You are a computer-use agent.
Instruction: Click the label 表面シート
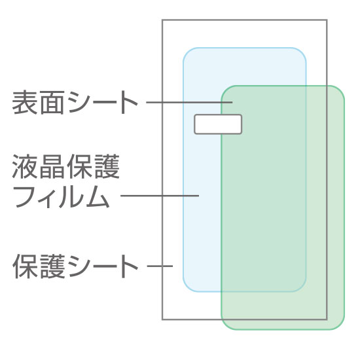(75, 103)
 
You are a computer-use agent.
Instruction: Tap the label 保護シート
(75, 266)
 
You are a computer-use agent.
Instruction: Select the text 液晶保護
(65, 167)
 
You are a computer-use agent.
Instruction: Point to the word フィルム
(62, 197)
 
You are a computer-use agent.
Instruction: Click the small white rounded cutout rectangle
(218, 124)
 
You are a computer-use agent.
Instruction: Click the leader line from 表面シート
(189, 102)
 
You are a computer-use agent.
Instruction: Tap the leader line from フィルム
(160, 196)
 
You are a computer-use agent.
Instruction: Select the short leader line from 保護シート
(160, 266)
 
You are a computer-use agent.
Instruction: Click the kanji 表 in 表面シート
(25, 103)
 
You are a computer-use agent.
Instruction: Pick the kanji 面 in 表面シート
(51, 103)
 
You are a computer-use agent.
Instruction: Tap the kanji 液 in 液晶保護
(25, 167)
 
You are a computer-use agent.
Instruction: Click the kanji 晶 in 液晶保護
(52, 167)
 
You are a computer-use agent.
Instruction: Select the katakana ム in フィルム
(98, 197)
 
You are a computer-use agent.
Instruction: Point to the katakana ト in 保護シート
(128, 266)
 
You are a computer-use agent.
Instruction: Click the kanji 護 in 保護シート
(52, 266)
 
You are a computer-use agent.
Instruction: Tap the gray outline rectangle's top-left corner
(162, 20)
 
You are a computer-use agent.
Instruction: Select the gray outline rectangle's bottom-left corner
(162, 319)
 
